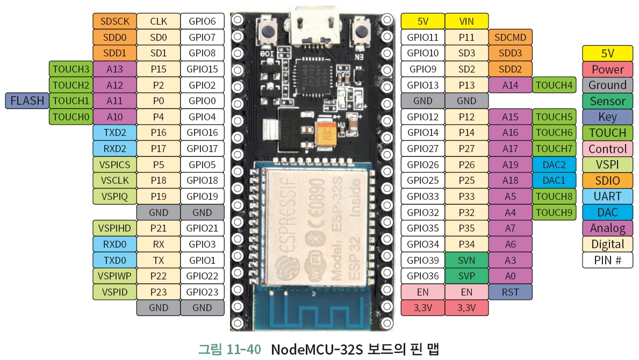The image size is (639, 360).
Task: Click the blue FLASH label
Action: [x=27, y=100]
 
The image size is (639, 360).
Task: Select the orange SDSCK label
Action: [x=114, y=21]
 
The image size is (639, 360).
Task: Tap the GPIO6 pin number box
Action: [x=202, y=21]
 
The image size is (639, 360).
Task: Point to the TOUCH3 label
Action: [x=71, y=69]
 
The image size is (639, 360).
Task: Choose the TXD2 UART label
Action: [x=114, y=133]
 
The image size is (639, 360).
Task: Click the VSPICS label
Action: [x=114, y=164]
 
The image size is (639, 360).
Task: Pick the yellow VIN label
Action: [x=466, y=21]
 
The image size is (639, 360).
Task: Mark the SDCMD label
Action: [x=511, y=37]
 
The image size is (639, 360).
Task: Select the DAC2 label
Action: [x=554, y=164]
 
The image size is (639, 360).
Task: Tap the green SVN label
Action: [x=466, y=260]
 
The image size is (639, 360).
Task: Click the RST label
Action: [x=511, y=292]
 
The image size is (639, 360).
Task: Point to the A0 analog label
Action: [x=511, y=276]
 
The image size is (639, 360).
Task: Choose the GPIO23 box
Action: [x=202, y=292]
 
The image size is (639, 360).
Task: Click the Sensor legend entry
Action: [x=607, y=101]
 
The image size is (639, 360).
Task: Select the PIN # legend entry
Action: [x=607, y=260]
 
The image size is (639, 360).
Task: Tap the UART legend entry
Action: [x=607, y=196]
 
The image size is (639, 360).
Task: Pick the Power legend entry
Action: [x=607, y=69]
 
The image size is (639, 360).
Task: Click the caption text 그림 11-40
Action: [x=229, y=349]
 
